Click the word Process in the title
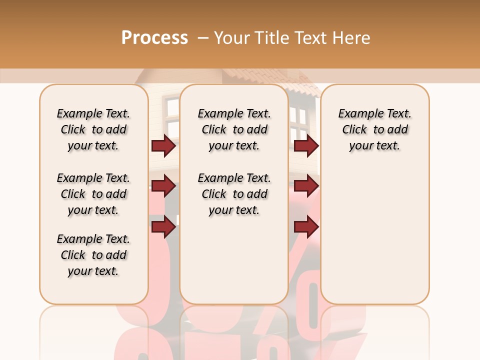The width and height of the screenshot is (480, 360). pyautogui.click(x=154, y=38)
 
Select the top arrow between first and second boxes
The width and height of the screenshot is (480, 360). pyautogui.click(x=163, y=146)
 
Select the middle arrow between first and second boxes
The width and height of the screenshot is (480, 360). pyautogui.click(x=163, y=186)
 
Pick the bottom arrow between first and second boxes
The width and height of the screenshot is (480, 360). pyautogui.click(x=163, y=227)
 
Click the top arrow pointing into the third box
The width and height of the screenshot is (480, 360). pyautogui.click(x=306, y=146)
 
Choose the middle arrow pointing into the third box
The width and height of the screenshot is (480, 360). pyautogui.click(x=306, y=186)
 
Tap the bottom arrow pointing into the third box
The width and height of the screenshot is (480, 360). pyautogui.click(x=306, y=227)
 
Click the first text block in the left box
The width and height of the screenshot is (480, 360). pyautogui.click(x=93, y=129)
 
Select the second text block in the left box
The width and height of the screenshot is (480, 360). pyautogui.click(x=93, y=194)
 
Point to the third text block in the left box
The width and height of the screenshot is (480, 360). pyautogui.click(x=93, y=255)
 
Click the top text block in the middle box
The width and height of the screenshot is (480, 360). pyautogui.click(x=234, y=129)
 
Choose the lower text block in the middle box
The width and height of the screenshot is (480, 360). pyautogui.click(x=234, y=194)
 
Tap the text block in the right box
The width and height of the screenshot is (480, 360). pyautogui.click(x=374, y=129)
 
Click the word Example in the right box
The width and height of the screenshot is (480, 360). pyautogui.click(x=357, y=114)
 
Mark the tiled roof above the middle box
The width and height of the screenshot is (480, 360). pyautogui.click(x=260, y=77)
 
